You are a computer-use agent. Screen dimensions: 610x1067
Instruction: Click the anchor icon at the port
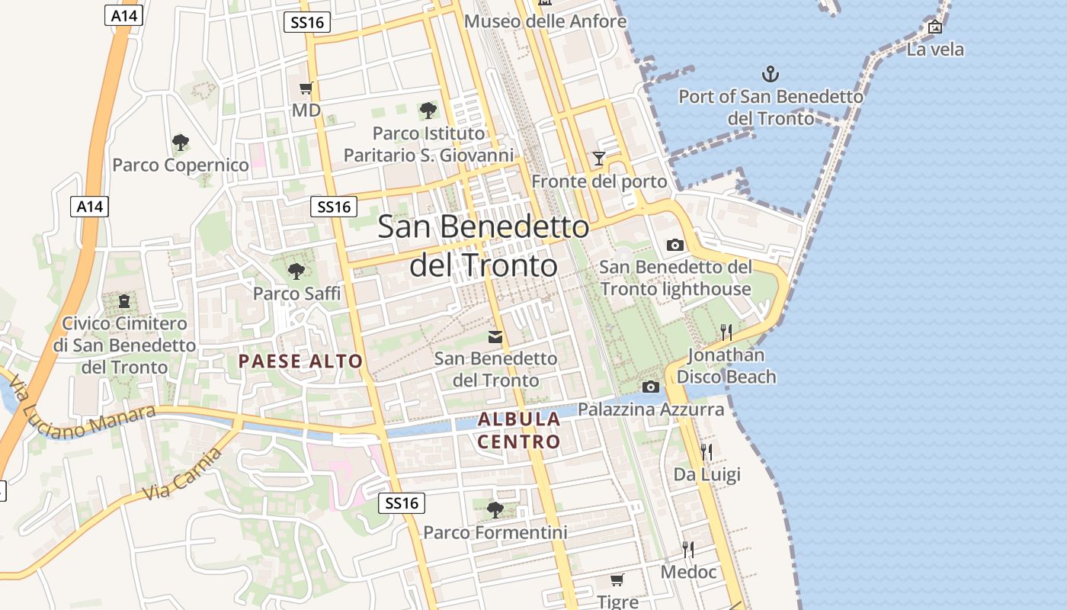click(x=771, y=74)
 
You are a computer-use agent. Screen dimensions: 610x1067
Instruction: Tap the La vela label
click(x=935, y=50)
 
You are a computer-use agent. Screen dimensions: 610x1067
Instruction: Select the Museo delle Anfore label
click(x=545, y=21)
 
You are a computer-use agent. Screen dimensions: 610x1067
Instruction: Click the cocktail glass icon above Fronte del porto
click(x=599, y=159)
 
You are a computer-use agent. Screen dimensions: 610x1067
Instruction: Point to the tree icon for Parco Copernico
click(x=180, y=142)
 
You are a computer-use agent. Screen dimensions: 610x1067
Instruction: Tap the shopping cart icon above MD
click(x=306, y=88)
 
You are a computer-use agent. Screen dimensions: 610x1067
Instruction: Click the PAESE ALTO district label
click(x=300, y=361)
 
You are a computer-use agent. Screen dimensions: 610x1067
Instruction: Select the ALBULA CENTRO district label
click(x=519, y=430)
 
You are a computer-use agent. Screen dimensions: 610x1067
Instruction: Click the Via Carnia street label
click(x=183, y=474)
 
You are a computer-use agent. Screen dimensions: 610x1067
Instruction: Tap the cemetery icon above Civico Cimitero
click(x=124, y=301)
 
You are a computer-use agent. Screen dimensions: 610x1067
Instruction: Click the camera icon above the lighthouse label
click(x=674, y=245)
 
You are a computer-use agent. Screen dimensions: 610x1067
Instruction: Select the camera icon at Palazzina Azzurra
click(x=650, y=387)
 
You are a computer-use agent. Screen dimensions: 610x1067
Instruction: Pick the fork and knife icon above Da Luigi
click(x=707, y=451)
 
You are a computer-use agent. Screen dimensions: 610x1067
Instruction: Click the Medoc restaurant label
click(x=689, y=572)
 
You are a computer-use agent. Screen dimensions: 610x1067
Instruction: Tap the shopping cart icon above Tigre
click(x=617, y=579)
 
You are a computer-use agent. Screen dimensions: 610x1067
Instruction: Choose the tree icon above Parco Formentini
click(x=495, y=509)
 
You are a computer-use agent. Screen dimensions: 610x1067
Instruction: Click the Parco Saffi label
click(x=296, y=293)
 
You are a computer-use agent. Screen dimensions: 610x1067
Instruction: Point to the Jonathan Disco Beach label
click(x=726, y=366)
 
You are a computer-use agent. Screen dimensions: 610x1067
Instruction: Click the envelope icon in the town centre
click(x=495, y=336)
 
